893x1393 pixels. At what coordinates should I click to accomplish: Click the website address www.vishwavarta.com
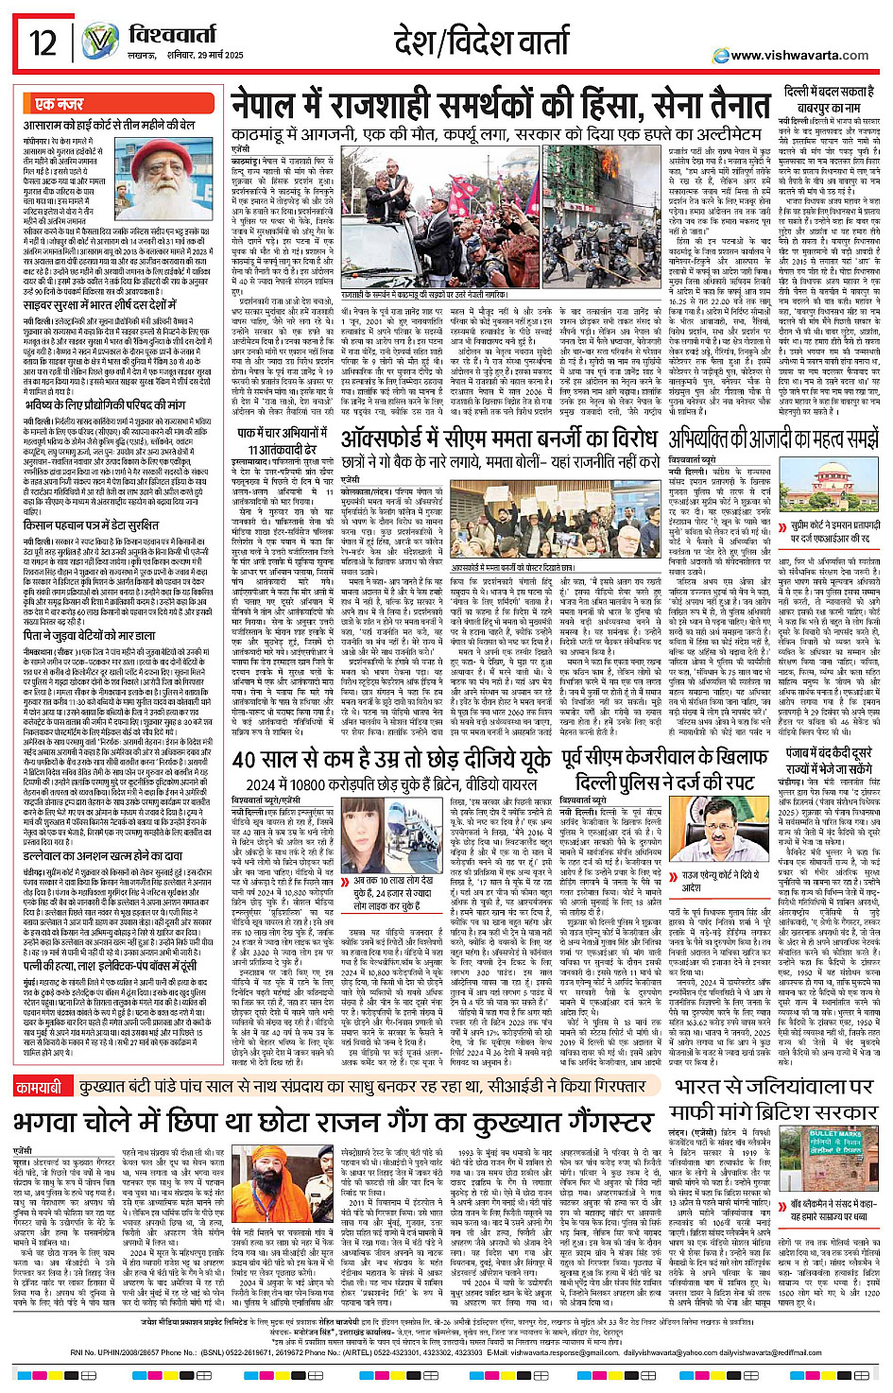pos(799,55)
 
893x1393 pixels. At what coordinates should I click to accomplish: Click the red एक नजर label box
pos(60,104)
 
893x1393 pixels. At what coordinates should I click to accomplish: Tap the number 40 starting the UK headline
pos(244,760)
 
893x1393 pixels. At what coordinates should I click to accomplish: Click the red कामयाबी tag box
pos(40,1062)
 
